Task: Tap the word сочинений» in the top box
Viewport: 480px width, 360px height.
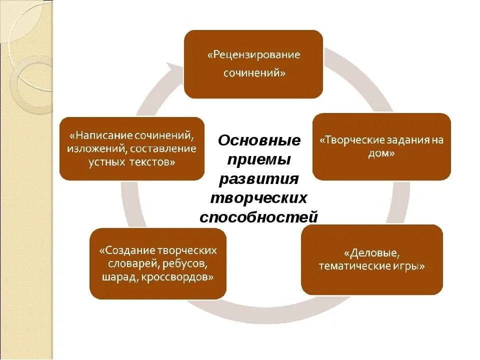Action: click(x=253, y=73)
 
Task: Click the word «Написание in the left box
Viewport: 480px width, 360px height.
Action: click(x=97, y=135)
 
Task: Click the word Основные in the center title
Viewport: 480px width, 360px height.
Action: click(x=259, y=140)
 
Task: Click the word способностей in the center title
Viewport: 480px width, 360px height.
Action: click(x=259, y=217)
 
